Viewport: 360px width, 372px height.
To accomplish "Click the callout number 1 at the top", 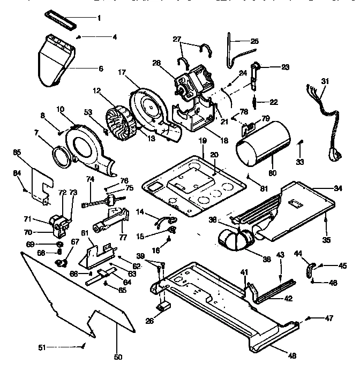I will click(x=99, y=18).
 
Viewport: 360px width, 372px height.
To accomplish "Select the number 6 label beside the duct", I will click(x=100, y=68).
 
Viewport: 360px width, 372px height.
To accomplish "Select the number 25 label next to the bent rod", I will click(x=254, y=41).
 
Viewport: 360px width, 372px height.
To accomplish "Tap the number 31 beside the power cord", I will click(x=325, y=81).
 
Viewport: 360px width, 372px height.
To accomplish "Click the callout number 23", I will click(x=285, y=67).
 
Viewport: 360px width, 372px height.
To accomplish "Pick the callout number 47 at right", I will click(x=329, y=318).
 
